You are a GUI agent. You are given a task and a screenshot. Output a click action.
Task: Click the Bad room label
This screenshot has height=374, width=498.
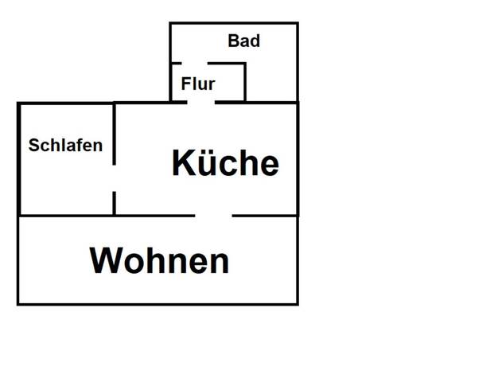pyautogui.click(x=244, y=41)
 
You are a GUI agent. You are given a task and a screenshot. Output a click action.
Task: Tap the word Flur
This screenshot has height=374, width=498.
pyautogui.click(x=198, y=84)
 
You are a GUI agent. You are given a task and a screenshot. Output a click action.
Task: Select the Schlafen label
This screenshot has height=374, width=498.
pyautogui.click(x=65, y=145)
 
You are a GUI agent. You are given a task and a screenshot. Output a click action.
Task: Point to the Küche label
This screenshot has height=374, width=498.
pyautogui.click(x=225, y=162)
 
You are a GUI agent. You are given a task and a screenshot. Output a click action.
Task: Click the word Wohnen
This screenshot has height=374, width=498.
pyautogui.click(x=159, y=260)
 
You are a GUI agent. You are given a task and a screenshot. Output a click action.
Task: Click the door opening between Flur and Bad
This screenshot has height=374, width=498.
pyautogui.click(x=195, y=63)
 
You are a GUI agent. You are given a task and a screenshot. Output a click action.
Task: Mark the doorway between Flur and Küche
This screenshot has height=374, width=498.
pyautogui.click(x=200, y=103)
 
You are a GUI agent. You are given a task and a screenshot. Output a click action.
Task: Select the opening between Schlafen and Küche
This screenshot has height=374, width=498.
pyautogui.click(x=114, y=178)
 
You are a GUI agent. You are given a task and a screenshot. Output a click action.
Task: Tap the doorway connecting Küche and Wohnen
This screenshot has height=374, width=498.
pyautogui.click(x=213, y=216)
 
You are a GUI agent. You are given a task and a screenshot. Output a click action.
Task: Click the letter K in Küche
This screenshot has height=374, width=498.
pyautogui.click(x=182, y=162)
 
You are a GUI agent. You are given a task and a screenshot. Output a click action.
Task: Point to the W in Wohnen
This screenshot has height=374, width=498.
pyautogui.click(x=106, y=260)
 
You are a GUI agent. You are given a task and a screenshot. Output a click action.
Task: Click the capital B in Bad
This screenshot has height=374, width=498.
pyautogui.click(x=233, y=41)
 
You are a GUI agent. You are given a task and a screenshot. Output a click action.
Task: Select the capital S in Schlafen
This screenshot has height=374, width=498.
pyautogui.click(x=33, y=146)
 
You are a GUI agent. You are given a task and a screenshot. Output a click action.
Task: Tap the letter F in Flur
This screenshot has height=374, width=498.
pyautogui.click(x=185, y=84)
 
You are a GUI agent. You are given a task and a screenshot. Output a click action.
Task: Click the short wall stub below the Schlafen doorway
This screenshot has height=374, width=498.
pyautogui.click(x=114, y=204)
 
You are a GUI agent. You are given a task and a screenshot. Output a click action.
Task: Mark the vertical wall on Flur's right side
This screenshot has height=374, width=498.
pyautogui.click(x=245, y=82)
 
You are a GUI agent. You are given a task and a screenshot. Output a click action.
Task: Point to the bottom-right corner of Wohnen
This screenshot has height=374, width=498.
pyautogui.click(x=298, y=305)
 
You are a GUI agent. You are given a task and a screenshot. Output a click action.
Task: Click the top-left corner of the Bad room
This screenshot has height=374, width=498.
pyautogui.click(x=170, y=23)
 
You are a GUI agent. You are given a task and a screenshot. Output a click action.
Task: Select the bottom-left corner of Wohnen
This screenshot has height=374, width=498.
pyautogui.click(x=18, y=305)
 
